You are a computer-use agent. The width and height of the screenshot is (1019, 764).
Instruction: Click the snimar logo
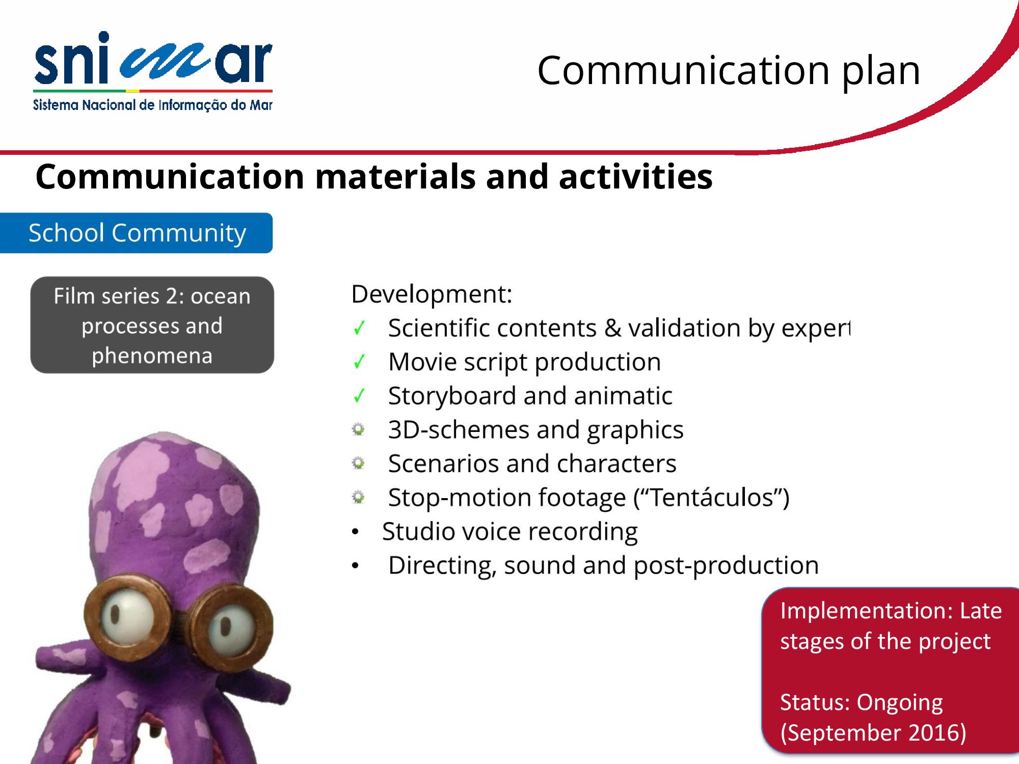pos(153,71)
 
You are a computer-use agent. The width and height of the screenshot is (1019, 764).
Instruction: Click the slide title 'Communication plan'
pos(729,70)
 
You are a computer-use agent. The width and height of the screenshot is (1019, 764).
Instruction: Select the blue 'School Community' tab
pos(136,233)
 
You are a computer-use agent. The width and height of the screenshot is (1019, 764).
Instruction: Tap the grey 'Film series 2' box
pos(152,325)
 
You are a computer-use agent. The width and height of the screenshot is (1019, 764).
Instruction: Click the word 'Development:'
pos(432,294)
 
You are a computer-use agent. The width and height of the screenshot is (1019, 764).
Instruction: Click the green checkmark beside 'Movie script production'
pos(359,362)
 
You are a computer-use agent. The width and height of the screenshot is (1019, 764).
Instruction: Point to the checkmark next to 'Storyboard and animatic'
pos(359,396)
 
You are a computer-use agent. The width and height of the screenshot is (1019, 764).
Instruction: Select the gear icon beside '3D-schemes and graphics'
pos(359,429)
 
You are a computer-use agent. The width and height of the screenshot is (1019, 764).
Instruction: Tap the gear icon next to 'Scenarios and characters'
pos(359,463)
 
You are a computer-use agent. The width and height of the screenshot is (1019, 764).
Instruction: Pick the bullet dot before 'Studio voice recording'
pos(355,532)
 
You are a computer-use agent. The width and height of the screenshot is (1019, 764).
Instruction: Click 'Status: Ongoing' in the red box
pos(861,702)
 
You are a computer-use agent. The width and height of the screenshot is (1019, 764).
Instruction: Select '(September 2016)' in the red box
pos(873,733)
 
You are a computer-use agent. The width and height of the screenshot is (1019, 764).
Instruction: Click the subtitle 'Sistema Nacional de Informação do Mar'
pos(153,105)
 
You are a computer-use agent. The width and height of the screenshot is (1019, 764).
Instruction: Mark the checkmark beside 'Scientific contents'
pos(359,328)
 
